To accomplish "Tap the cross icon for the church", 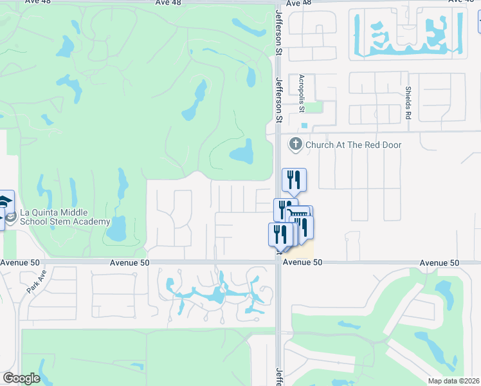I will click(296, 144).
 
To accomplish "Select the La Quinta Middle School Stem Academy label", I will click(55, 217).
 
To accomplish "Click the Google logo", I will click(21, 378).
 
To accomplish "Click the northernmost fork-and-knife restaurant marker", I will click(294, 179).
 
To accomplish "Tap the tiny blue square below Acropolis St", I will click(304, 125).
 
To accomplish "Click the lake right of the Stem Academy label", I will click(118, 227).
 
